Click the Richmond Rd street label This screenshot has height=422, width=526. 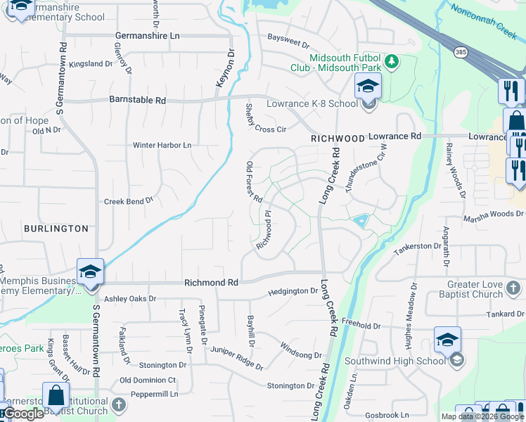click(x=211, y=282)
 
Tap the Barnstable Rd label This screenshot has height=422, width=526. click(x=137, y=101)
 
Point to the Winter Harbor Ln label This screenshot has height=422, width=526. click(x=162, y=146)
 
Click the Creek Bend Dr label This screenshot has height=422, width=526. click(x=129, y=201)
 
